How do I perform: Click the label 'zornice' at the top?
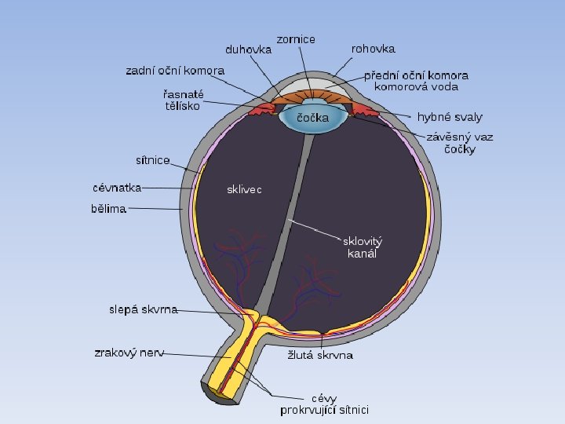click(x=295, y=39)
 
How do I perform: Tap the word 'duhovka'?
click(x=248, y=49)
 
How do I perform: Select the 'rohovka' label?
click(x=374, y=48)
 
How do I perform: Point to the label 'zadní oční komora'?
click(x=175, y=71)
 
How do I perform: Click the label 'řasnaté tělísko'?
click(x=178, y=100)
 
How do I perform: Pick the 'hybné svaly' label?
click(x=450, y=117)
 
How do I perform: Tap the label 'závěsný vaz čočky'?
click(x=460, y=142)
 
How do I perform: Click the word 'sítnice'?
click(x=153, y=160)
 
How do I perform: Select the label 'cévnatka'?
click(x=117, y=188)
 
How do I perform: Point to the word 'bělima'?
click(x=109, y=210)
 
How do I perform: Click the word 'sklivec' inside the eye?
click(x=244, y=189)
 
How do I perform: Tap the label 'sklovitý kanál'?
click(x=362, y=247)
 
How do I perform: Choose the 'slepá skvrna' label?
click(x=143, y=309)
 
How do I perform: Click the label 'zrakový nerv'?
click(x=129, y=353)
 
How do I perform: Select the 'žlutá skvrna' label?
click(x=319, y=356)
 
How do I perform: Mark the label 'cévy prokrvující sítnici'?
click(x=325, y=404)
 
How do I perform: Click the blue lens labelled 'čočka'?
click(x=313, y=119)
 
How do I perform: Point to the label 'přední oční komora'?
click(x=417, y=76)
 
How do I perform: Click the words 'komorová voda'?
click(x=416, y=87)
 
